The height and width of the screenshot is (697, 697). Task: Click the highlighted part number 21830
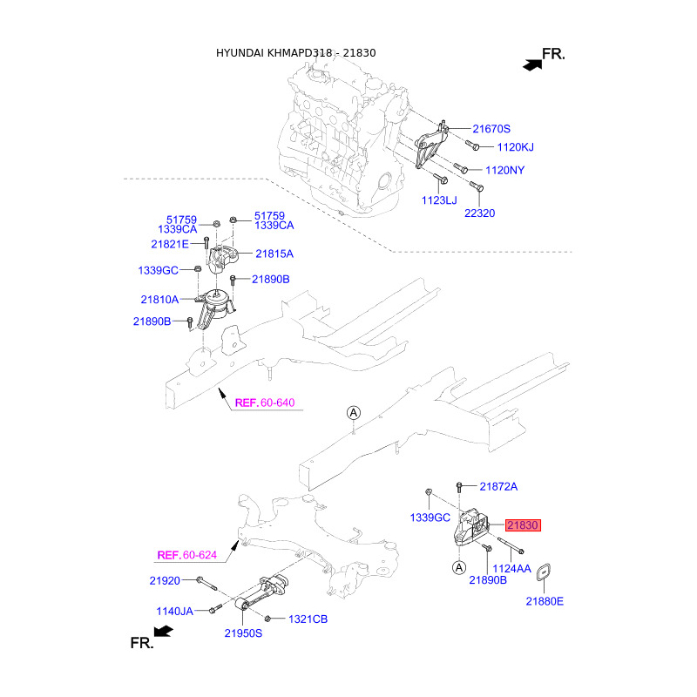523,525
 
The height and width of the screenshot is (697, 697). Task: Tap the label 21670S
491,129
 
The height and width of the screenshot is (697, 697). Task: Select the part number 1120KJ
515,147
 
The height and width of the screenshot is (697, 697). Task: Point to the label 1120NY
505,170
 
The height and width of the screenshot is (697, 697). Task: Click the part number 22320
480,213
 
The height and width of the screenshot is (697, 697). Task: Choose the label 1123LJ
439,200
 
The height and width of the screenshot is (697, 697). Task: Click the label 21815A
274,254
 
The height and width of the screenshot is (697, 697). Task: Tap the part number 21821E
170,244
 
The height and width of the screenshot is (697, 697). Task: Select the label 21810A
159,300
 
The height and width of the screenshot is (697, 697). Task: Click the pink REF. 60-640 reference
265,403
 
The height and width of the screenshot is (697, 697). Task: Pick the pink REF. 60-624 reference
187,555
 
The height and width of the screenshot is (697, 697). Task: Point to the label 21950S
243,633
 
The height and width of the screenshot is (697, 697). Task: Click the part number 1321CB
308,619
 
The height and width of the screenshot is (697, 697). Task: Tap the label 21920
165,580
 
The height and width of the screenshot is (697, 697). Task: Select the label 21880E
545,601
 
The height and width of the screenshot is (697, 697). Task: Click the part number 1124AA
511,569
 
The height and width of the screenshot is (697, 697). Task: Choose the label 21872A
498,487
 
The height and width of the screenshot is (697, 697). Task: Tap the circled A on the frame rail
354,413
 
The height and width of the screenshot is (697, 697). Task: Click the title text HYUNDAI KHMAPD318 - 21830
295,53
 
